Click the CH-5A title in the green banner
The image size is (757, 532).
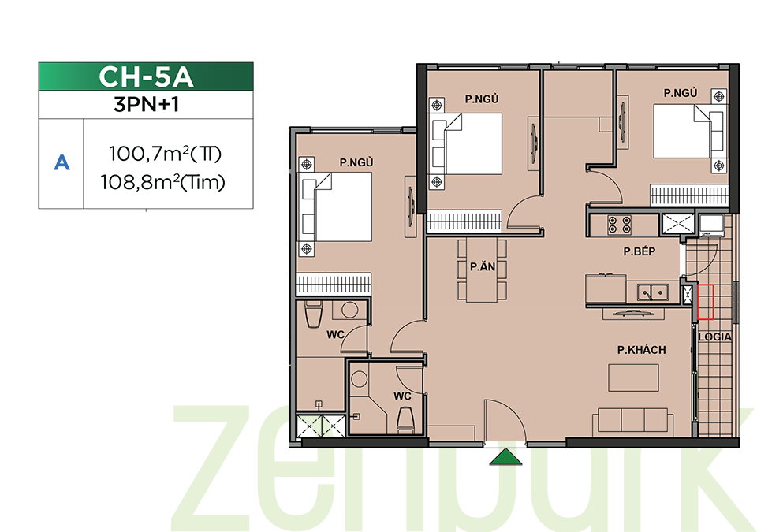146,76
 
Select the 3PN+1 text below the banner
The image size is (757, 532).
147,104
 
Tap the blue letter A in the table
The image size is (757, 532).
62,163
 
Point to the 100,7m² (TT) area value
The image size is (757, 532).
165,154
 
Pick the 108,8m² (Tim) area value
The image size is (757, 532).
162,183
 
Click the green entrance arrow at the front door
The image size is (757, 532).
505,458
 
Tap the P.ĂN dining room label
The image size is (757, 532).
483,266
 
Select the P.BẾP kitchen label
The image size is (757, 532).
640,251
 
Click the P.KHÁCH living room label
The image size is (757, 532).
642,350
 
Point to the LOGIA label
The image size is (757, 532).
714,337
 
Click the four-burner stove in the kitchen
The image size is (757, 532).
620,225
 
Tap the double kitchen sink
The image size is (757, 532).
653,292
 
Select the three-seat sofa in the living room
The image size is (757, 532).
633,420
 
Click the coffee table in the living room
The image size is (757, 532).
633,378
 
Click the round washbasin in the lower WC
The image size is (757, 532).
360,378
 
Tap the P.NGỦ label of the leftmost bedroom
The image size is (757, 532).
356,162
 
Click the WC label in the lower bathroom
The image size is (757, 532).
402,396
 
